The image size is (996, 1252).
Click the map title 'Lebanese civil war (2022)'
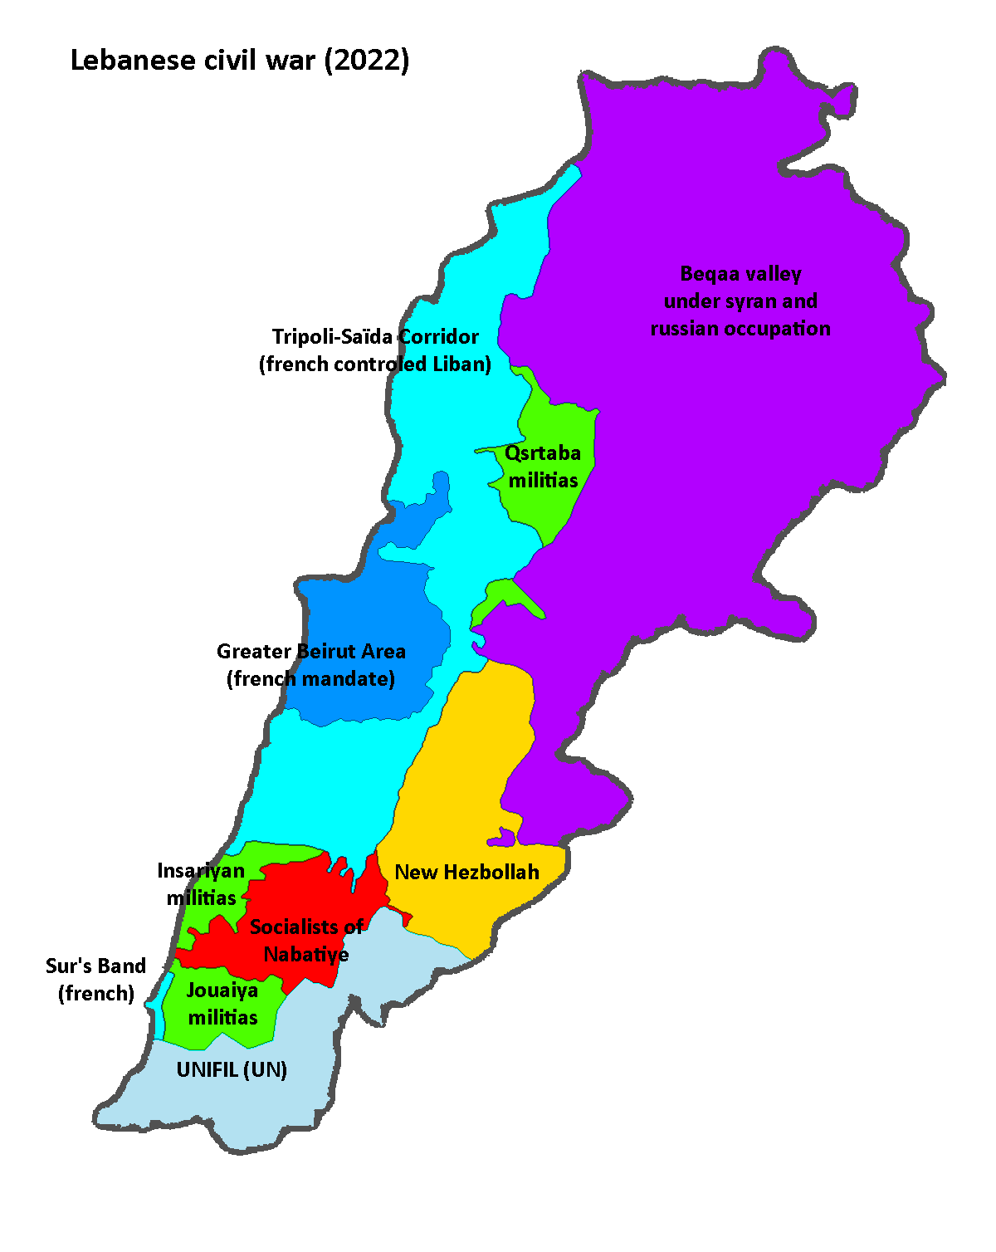pyautogui.click(x=239, y=61)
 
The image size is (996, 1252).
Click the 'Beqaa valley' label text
pyautogui.click(x=740, y=274)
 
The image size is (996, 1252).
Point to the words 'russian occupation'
pyautogui.click(x=740, y=329)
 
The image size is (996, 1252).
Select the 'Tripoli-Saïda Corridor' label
pyautogui.click(x=375, y=337)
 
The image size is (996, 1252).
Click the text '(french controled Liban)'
pyautogui.click(x=375, y=364)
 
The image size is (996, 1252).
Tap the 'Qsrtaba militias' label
pyautogui.click(x=543, y=467)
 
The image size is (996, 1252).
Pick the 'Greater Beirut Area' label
pyautogui.click(x=311, y=652)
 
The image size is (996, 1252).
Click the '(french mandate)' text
pyautogui.click(x=311, y=679)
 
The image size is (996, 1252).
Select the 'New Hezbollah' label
pyautogui.click(x=466, y=873)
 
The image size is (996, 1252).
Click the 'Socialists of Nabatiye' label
pyautogui.click(x=306, y=941)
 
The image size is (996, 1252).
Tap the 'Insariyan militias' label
pyautogui.click(x=202, y=883)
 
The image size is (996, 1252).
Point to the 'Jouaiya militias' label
pyautogui.click(x=222, y=1004)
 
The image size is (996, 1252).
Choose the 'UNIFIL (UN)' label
pyautogui.click(x=232, y=1069)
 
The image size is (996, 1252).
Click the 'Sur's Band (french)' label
pyautogui.click(x=96, y=980)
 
